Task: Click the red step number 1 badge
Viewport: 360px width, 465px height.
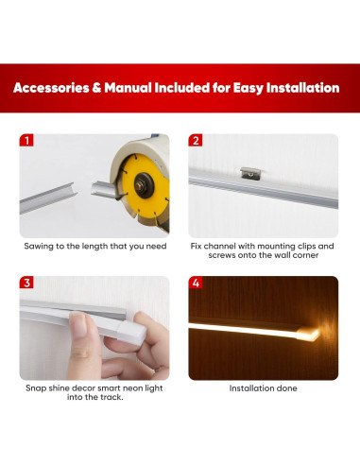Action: (x=26, y=141)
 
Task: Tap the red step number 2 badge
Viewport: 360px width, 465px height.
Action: (x=196, y=141)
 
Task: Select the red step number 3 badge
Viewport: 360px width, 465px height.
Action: (x=26, y=283)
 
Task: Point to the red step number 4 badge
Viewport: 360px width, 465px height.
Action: (x=196, y=283)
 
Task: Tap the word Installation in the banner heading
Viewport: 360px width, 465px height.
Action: (x=297, y=88)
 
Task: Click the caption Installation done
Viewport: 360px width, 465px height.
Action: (x=263, y=387)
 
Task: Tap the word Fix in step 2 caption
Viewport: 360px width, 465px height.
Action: (x=197, y=246)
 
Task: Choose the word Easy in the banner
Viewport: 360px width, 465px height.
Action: (x=232, y=88)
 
